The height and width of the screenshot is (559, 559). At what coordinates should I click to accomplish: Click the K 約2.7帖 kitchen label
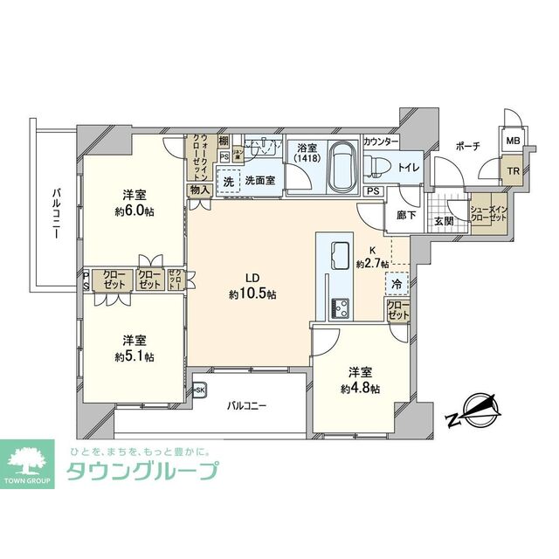tap(372, 256)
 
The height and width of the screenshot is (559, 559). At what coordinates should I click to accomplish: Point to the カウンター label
tap(381, 141)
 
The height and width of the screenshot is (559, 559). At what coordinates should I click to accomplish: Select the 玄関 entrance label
tap(444, 222)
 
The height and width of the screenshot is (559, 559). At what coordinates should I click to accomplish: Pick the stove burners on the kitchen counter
tap(339, 307)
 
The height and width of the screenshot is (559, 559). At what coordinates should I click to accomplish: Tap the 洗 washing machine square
tap(228, 181)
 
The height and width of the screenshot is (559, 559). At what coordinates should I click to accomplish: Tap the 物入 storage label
tap(200, 190)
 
